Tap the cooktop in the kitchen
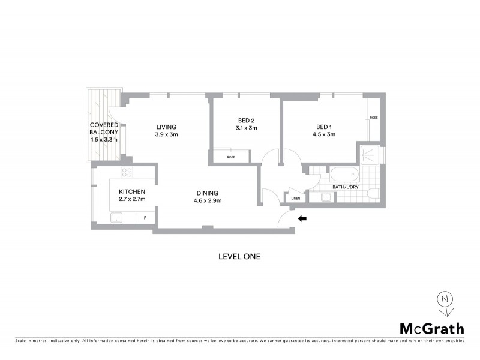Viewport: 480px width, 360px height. pyautogui.click(x=127, y=173)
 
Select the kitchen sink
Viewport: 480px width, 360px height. pyautogui.click(x=118, y=218)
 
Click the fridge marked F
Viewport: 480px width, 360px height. pyautogui.click(x=145, y=217)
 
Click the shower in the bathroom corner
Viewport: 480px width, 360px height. pyautogui.click(x=369, y=155)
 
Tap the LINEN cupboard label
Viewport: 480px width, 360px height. pyautogui.click(x=295, y=198)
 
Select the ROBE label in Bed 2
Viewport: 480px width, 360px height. pyautogui.click(x=231, y=157)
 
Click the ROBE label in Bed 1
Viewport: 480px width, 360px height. pyautogui.click(x=373, y=118)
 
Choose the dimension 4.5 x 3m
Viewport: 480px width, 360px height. pyautogui.click(x=325, y=134)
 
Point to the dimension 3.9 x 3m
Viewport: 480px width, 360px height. pyautogui.click(x=167, y=134)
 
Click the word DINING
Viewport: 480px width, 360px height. pyautogui.click(x=207, y=193)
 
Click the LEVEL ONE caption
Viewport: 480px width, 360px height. pyautogui.click(x=239, y=256)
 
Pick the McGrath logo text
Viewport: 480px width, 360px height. pyautogui.click(x=431, y=328)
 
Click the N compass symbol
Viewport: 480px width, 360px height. pyautogui.click(x=445, y=299)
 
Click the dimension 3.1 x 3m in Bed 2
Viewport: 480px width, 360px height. pyautogui.click(x=246, y=128)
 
